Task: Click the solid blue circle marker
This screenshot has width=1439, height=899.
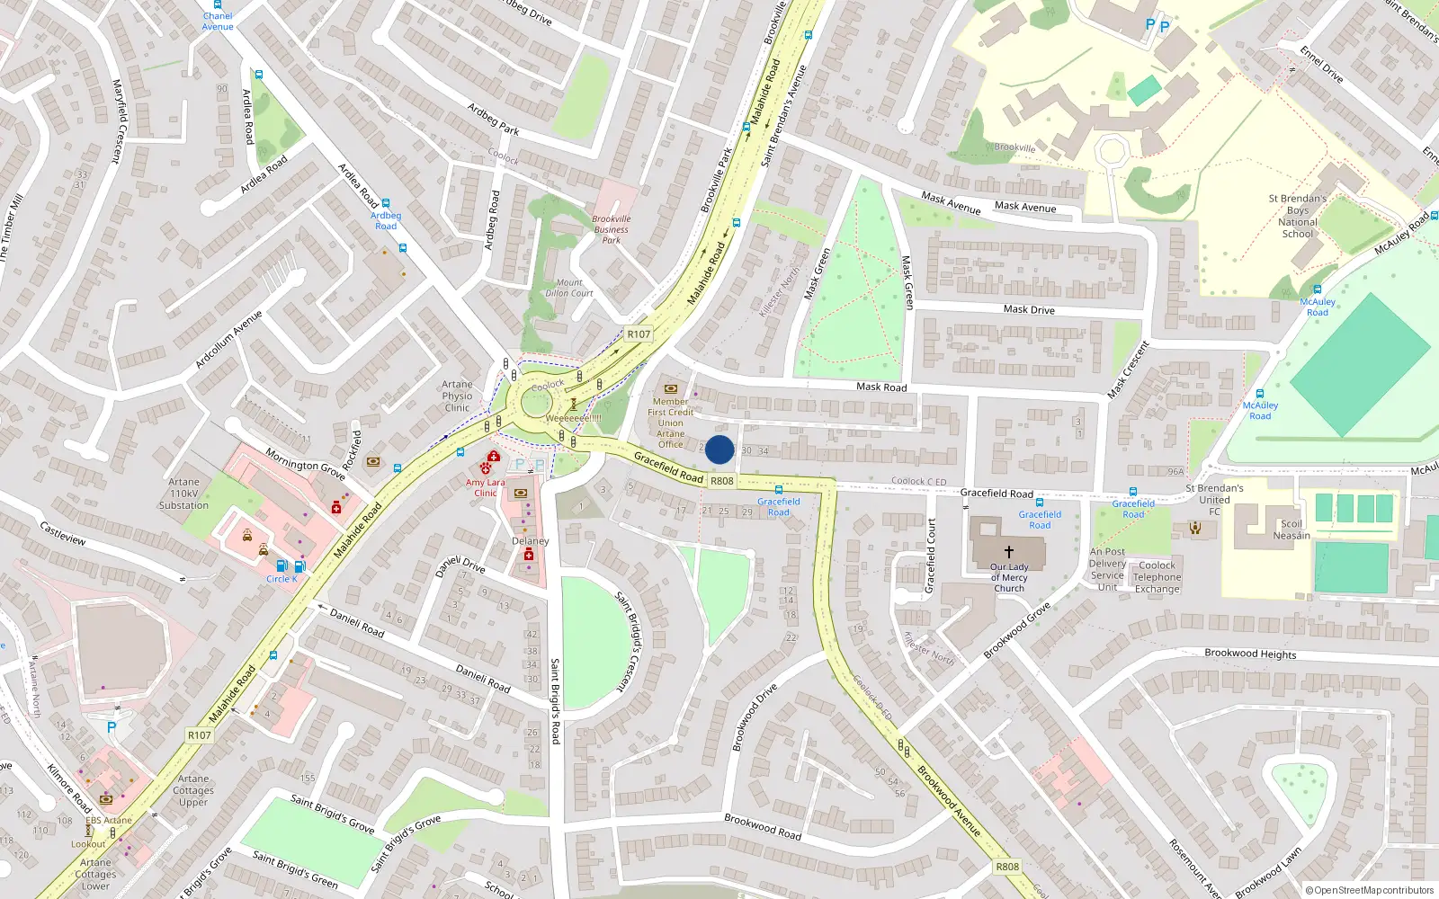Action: point(719,449)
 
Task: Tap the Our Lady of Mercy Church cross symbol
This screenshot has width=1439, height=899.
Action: point(1008,551)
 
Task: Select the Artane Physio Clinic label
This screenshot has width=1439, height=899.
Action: point(457,396)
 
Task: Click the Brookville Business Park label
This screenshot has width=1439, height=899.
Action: point(612,229)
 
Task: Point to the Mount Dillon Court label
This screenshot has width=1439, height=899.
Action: point(568,288)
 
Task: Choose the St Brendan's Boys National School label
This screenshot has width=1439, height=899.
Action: point(1297,216)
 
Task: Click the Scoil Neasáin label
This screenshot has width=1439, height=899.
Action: point(1292,530)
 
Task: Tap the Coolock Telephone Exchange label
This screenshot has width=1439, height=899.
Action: point(1157,577)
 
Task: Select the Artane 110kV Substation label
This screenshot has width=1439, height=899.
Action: point(183,494)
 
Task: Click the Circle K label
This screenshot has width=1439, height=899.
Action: point(282,579)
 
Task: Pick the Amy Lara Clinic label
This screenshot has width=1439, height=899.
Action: point(486,487)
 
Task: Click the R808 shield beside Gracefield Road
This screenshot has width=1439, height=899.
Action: point(721,481)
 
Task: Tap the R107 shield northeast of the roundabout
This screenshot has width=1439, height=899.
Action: point(639,334)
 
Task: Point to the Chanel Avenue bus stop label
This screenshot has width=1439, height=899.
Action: point(218,21)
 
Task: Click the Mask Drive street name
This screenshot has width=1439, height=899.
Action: point(1029,309)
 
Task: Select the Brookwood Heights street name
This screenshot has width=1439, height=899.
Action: point(1250,654)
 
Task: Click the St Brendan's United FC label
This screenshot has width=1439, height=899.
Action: point(1214,500)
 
